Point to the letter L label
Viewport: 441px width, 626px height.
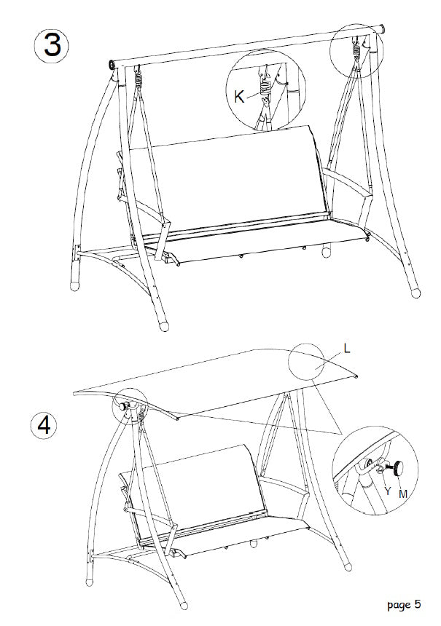(x=347, y=349)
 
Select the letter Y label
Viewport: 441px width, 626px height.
(x=387, y=491)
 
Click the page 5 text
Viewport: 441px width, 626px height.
(x=404, y=603)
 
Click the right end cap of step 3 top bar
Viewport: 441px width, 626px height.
(x=380, y=30)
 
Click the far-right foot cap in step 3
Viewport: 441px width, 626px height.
(x=415, y=292)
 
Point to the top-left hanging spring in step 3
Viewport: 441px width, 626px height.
(x=137, y=75)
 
